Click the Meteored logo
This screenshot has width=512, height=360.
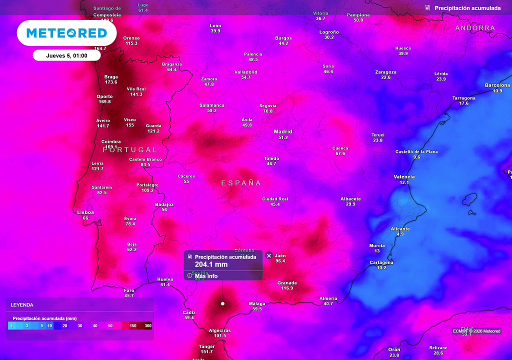[x=66, y=33]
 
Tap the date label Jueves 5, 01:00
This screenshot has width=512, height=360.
[x=66, y=55]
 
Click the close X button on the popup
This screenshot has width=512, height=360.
[x=269, y=255]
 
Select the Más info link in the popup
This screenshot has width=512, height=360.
[x=206, y=276]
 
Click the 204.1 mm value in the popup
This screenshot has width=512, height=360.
[x=211, y=264]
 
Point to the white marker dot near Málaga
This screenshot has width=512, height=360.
[x=222, y=303]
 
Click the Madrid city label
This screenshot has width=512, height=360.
[x=283, y=132]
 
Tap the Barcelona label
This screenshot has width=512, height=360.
[x=497, y=85]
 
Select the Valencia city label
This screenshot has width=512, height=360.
[x=404, y=177]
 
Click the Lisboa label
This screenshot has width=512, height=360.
[x=85, y=212]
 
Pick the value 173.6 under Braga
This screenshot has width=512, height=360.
[x=111, y=82]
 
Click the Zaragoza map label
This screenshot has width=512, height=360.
[x=385, y=72]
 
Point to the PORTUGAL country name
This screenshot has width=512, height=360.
[x=130, y=149]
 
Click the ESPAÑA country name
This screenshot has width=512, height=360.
[x=241, y=183]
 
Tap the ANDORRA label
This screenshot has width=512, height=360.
[x=475, y=28]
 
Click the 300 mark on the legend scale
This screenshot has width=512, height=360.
[x=148, y=326]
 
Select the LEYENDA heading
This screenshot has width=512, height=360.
[x=22, y=304]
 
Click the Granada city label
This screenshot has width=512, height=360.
[x=287, y=283]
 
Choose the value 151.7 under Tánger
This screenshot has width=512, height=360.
[x=206, y=352]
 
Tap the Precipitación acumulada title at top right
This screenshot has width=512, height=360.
[x=467, y=8]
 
